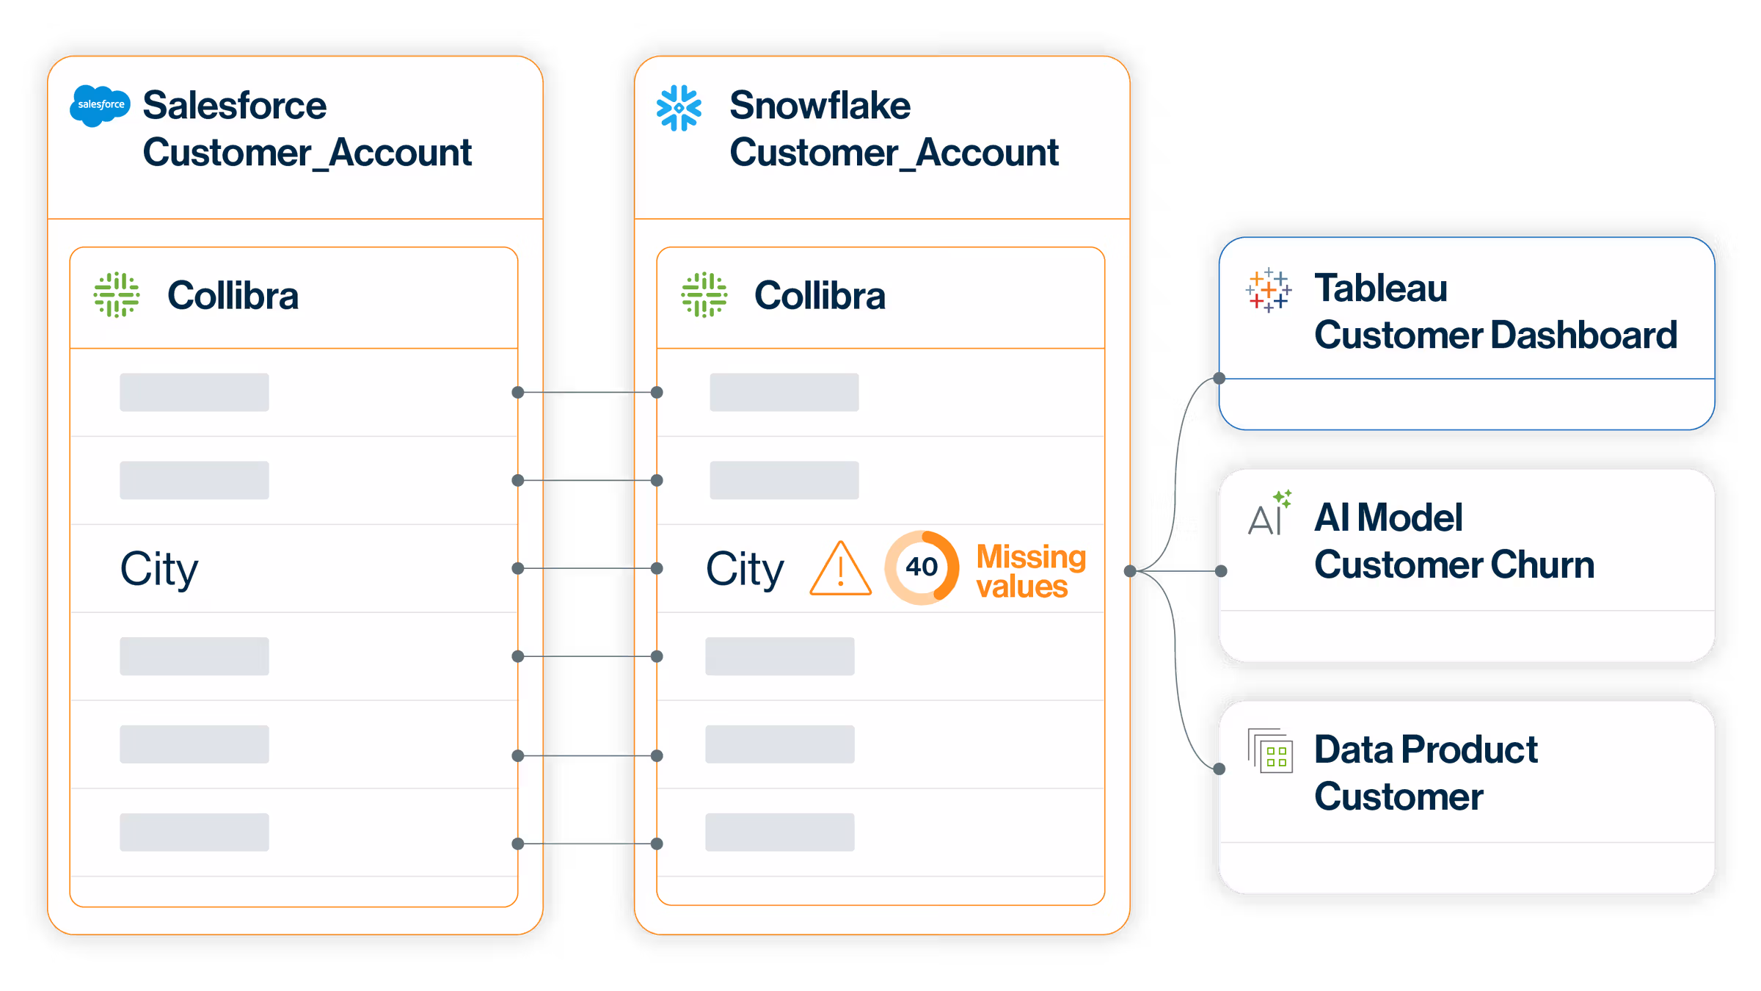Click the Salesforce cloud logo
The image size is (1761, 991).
click(100, 105)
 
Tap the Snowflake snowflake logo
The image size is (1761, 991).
click(679, 108)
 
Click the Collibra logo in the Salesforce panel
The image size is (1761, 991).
click(117, 295)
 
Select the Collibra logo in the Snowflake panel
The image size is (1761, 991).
click(704, 295)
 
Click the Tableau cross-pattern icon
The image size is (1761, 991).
click(1268, 291)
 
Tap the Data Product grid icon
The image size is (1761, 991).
click(1270, 751)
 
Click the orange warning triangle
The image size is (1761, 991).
click(841, 569)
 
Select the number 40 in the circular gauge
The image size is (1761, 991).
click(922, 567)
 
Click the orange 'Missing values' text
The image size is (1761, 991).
click(1030, 572)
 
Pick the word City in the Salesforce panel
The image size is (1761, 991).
click(159, 569)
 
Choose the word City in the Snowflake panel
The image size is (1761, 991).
click(745, 569)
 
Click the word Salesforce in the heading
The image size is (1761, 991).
click(234, 106)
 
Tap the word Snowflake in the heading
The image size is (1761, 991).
click(820, 106)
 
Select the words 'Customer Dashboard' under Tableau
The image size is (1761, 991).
click(1495, 335)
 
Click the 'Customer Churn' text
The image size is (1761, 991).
click(1454, 565)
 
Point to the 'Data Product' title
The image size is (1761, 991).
click(1426, 750)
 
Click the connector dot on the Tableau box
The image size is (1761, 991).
click(1219, 379)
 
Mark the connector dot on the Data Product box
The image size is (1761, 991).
click(1219, 769)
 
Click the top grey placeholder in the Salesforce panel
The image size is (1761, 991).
click(194, 393)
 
